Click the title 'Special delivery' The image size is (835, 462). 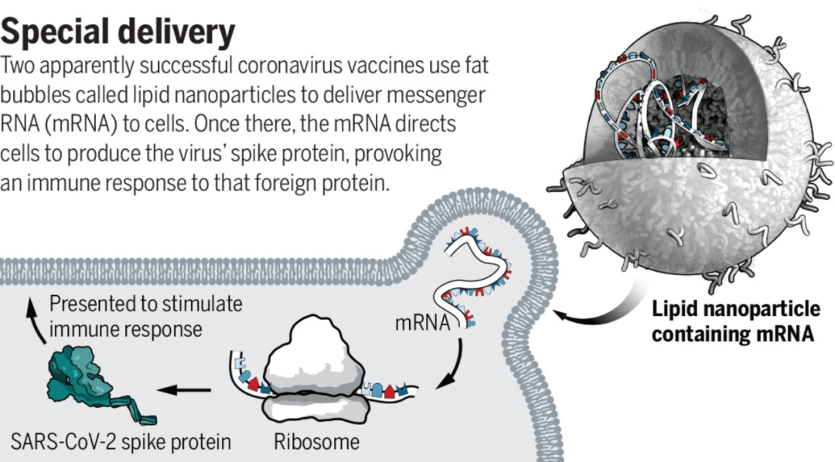(x=118, y=32)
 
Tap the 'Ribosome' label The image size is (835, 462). (x=317, y=443)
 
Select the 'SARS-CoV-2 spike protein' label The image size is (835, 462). (x=121, y=443)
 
